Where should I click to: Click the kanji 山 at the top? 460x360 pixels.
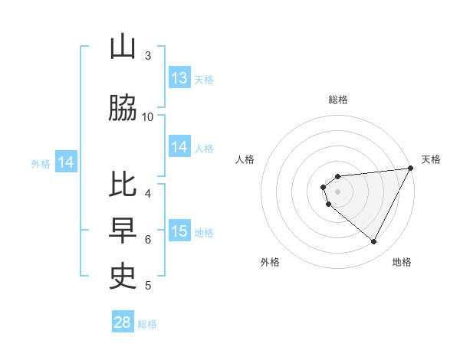tap(123, 47)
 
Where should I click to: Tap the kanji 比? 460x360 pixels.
tap(123, 185)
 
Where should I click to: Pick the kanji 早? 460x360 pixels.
tap(123, 229)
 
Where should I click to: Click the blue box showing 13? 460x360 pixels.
tap(179, 78)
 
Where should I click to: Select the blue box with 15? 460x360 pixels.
tap(179, 231)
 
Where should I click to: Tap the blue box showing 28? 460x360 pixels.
tap(123, 322)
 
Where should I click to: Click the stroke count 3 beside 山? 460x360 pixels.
tap(148, 56)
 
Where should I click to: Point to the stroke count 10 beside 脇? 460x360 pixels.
tap(148, 116)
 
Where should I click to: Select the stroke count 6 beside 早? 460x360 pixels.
tap(148, 239)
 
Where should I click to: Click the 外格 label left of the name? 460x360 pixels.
tap(41, 163)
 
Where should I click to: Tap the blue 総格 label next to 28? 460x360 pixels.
tap(147, 324)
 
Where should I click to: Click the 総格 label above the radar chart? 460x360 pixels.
tap(337, 100)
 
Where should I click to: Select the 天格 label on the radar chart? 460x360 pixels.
tap(431, 159)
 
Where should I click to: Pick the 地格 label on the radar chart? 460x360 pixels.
tap(402, 262)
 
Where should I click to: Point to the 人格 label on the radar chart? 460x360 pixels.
tap(245, 159)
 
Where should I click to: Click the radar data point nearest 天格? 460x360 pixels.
tap(412, 168)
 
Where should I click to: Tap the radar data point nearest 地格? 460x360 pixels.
tap(373, 242)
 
